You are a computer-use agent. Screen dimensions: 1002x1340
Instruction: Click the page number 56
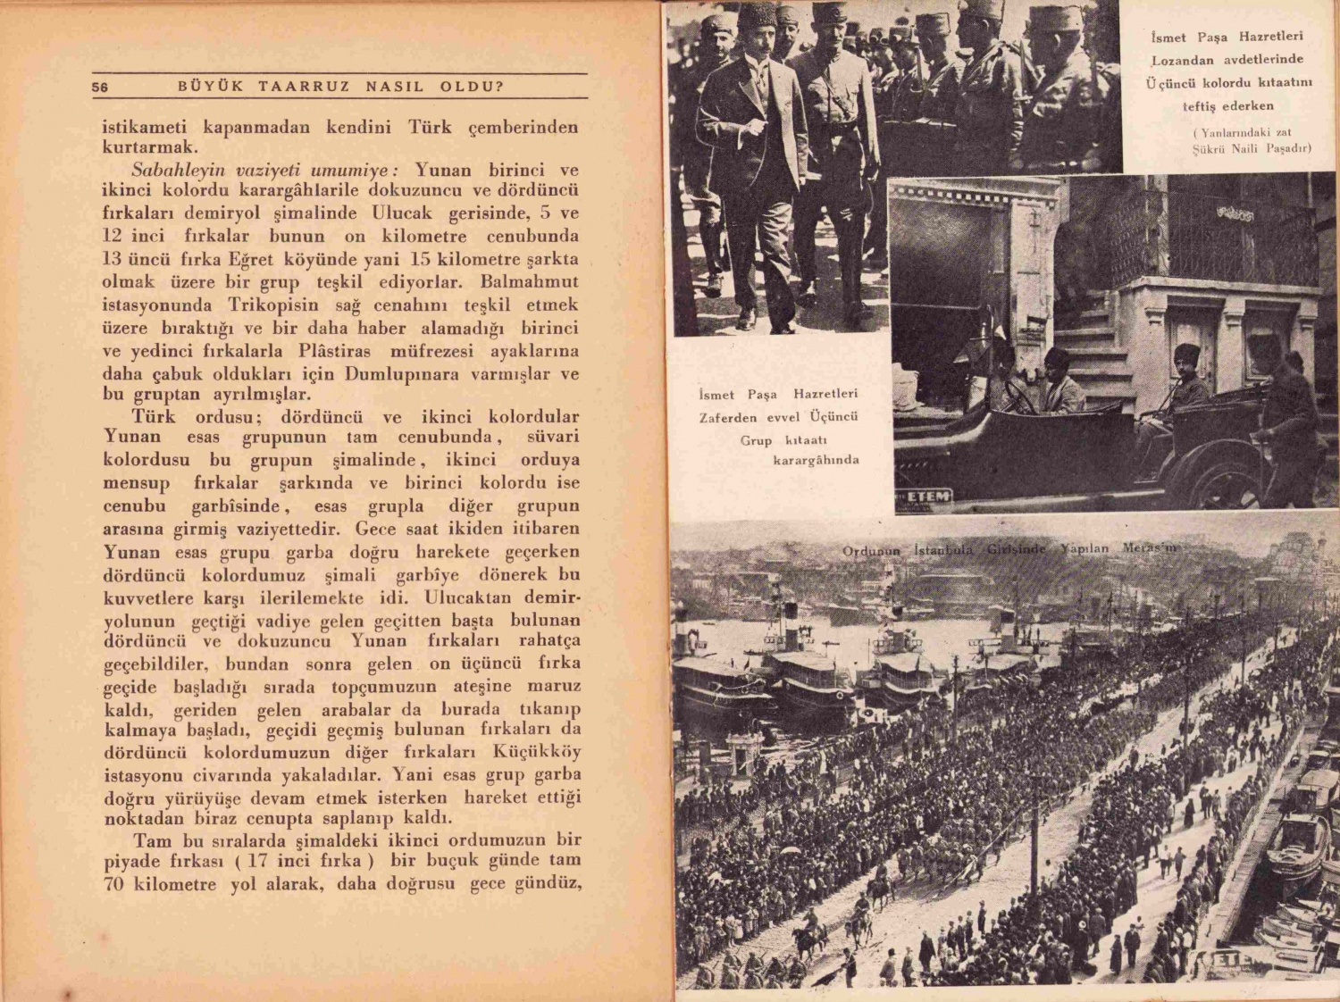coord(99,88)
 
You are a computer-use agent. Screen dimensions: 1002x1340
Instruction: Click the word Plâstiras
coord(334,351)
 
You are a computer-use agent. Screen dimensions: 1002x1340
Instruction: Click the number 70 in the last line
coord(114,885)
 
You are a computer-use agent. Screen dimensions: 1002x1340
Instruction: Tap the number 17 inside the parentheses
coord(258,862)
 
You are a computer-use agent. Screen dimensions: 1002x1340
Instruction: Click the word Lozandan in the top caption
coord(1182,61)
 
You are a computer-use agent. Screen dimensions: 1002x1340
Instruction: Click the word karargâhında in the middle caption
coord(816,461)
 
